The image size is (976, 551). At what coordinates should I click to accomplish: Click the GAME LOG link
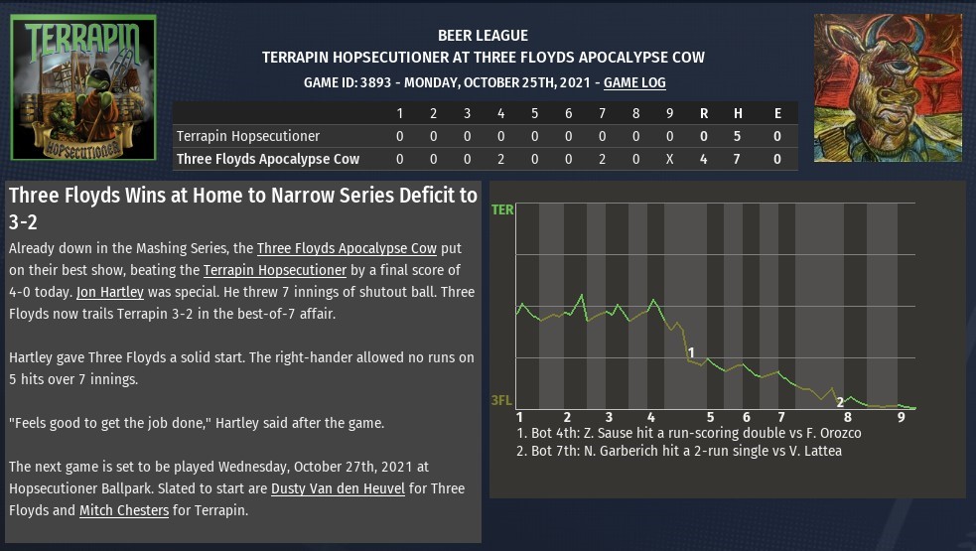click(x=634, y=83)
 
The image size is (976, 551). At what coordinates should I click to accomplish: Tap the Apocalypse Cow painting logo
click(x=888, y=87)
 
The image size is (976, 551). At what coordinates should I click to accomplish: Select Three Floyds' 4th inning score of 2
click(x=500, y=159)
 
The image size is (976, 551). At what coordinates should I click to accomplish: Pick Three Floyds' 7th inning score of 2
click(x=602, y=159)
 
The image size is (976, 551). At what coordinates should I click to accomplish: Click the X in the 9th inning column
click(x=669, y=159)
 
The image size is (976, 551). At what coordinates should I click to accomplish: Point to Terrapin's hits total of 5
click(x=738, y=136)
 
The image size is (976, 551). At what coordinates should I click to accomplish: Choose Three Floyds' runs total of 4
click(x=703, y=159)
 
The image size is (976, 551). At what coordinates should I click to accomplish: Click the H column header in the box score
click(x=738, y=113)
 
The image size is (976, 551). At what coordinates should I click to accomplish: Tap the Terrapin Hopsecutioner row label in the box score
click(x=247, y=136)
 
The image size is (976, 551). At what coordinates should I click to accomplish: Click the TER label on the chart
click(x=502, y=210)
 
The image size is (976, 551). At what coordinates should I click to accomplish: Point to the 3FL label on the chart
click(x=502, y=401)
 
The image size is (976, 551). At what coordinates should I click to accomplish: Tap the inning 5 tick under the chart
click(x=711, y=417)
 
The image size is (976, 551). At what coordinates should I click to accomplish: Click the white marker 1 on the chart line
click(x=691, y=352)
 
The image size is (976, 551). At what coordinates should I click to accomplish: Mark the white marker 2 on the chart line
click(x=840, y=402)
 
